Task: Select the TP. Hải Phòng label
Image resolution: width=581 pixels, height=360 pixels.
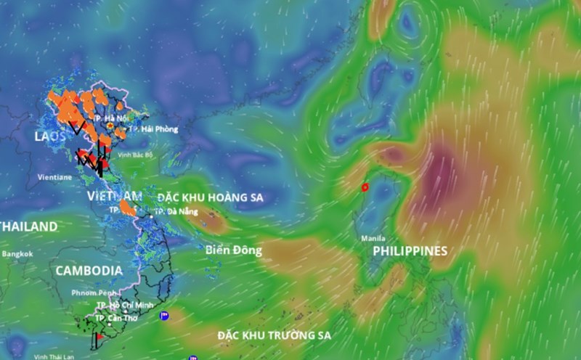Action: pos(155,129)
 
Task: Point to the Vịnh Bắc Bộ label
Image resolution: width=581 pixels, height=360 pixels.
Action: pos(136,155)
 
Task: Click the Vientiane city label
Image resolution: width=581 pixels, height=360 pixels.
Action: pos(54,177)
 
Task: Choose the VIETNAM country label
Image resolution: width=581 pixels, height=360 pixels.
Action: pos(115,197)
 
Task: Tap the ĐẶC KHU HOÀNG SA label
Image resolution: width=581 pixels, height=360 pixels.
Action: pos(211,197)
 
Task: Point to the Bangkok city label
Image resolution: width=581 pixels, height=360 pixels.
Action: pos(17,254)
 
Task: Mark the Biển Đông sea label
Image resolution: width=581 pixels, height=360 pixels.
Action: pos(232,250)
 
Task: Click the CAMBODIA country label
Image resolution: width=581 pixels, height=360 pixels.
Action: pos(89,270)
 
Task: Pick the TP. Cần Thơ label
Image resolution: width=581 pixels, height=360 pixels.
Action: pos(116,319)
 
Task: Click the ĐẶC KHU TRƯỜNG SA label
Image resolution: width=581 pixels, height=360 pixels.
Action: pos(275,335)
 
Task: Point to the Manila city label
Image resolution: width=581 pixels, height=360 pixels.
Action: pos(373,238)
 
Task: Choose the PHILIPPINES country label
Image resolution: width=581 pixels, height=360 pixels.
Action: pos(410,251)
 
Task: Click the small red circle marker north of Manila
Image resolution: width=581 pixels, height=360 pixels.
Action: pos(365,187)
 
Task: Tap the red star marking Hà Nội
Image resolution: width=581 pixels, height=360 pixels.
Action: pos(110,126)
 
